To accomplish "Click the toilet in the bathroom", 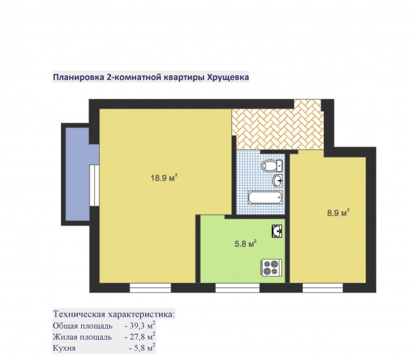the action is [271, 166].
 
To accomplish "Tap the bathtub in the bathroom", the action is [266, 198].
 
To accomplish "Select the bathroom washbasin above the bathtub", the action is [278, 181].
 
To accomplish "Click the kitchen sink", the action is [277, 231].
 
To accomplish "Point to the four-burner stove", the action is [271, 268].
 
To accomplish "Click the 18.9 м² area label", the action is [164, 178].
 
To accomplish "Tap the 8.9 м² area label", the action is [338, 213].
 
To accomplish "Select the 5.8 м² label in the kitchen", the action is [245, 243].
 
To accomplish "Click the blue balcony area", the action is [78, 174].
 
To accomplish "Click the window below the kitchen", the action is [237, 288].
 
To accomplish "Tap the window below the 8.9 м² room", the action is [322, 288].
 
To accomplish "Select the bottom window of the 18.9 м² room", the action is [150, 288].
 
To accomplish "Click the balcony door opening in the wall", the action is [94, 185].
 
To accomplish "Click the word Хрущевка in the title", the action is [228, 77].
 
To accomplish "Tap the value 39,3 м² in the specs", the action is [142, 325].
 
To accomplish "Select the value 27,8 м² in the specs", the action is [142, 336].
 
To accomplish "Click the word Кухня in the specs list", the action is [64, 348].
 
